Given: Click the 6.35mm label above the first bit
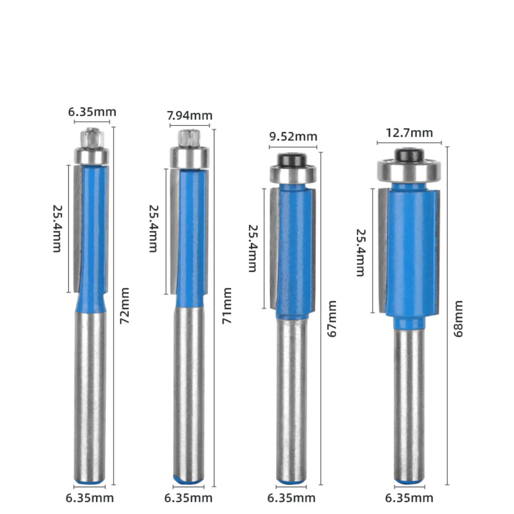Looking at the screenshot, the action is coord(92,112).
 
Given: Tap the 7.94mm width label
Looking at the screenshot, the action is coord(190,116).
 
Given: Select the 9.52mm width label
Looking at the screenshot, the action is coord(293,137).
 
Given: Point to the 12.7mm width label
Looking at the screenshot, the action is coord(409,133).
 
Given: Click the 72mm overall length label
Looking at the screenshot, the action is coord(124,306).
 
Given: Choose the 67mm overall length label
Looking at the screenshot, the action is coord(332,319).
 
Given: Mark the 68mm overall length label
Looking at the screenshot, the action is coord(458,319).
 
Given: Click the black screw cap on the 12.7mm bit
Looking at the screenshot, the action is coord(409,155).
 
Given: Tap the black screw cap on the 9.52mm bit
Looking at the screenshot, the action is coord(291,160).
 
